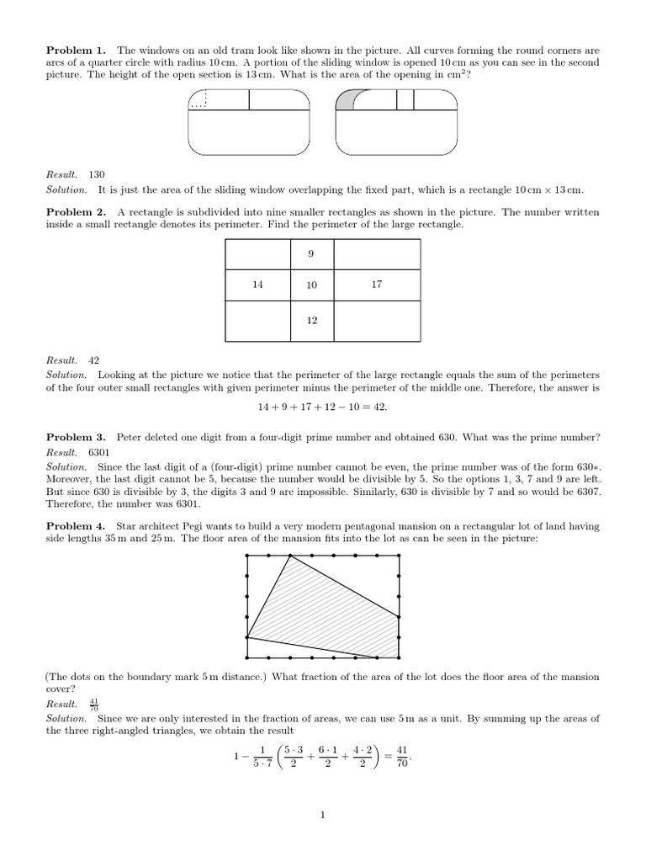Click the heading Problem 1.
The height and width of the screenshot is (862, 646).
[76, 51]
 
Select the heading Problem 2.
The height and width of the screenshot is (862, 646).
[76, 212]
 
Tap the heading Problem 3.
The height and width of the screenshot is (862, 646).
[76, 437]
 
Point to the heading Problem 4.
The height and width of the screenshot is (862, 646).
[76, 526]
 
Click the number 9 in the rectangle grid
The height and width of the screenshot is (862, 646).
[311, 253]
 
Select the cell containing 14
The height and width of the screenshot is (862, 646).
[257, 285]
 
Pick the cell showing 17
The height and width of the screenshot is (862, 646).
[376, 285]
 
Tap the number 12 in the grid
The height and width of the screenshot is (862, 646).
[311, 321]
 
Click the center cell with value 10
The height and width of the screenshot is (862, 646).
[311, 285]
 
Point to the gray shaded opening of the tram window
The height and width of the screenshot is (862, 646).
[345, 101]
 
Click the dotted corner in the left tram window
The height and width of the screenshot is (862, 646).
[199, 100]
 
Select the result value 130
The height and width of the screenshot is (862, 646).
[96, 174]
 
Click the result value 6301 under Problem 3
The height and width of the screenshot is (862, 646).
[99, 452]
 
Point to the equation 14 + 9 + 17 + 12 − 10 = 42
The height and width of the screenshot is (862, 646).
[323, 407]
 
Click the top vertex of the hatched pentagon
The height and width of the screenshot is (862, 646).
[290, 556]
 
